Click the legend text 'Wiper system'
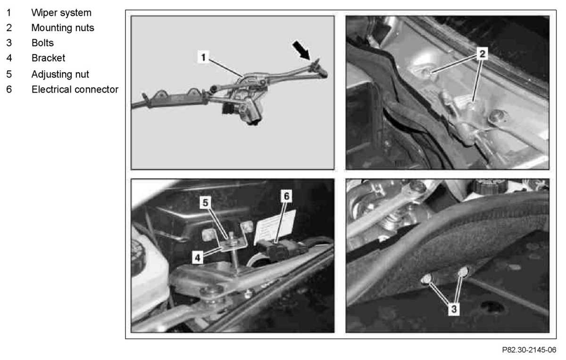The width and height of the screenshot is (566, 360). pyautogui.click(x=61, y=13)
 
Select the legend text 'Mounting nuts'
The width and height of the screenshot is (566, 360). pyautogui.click(x=63, y=28)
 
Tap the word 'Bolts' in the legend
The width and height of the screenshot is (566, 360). pyautogui.click(x=42, y=43)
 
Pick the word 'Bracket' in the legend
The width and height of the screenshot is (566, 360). pyautogui.click(x=48, y=58)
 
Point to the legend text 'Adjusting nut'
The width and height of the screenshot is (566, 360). pyautogui.click(x=60, y=75)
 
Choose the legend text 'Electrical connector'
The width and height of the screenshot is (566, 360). pyautogui.click(x=75, y=90)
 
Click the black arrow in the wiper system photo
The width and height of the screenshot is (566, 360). pyautogui.click(x=301, y=50)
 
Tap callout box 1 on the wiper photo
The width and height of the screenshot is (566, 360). pyautogui.click(x=203, y=57)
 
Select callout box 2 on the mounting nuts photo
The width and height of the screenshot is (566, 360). pyautogui.click(x=482, y=54)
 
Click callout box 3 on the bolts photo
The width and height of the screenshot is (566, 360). pyautogui.click(x=454, y=309)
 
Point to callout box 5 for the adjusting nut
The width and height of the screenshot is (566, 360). pyautogui.click(x=206, y=202)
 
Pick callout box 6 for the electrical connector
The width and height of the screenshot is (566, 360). pyautogui.click(x=286, y=196)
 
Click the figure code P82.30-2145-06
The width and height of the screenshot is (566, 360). pyautogui.click(x=529, y=350)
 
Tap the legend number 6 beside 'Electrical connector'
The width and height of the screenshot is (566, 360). pyautogui.click(x=9, y=90)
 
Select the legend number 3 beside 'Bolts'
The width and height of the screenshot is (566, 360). pyautogui.click(x=9, y=43)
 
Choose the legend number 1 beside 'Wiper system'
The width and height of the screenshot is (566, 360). pyautogui.click(x=9, y=13)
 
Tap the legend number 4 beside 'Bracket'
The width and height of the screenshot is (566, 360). pyautogui.click(x=9, y=58)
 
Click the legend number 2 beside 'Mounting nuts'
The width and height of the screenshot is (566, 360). pyautogui.click(x=9, y=28)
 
